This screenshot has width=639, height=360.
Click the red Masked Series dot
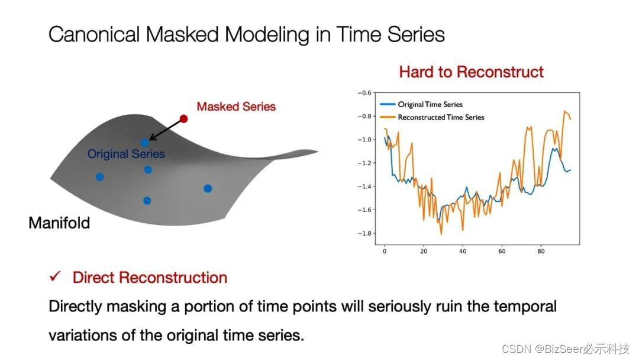coord(183,118)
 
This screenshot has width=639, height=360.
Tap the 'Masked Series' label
coord(236,107)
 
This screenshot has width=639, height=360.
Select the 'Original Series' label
coord(126,154)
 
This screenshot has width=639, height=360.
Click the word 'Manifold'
coord(59,223)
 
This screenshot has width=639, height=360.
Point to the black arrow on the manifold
coord(165,130)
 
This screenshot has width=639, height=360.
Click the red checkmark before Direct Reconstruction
coord(55,277)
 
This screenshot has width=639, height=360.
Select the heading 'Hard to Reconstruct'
coord(471,72)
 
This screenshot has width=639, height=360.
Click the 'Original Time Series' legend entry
coord(430,104)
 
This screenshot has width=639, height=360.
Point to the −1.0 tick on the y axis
coord(364,139)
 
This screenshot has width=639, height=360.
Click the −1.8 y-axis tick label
coord(364,233)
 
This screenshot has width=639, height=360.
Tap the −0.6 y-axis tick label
coord(364,92)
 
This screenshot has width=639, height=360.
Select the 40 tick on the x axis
coord(463,251)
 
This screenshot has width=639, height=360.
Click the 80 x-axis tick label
coord(541,251)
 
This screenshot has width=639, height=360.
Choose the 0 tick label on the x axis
coord(385,251)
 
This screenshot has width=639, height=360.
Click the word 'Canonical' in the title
coord(95,34)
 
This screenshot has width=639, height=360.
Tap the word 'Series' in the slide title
coord(416,34)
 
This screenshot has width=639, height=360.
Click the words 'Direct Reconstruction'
coord(150,278)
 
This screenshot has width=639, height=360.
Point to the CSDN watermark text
coord(566,349)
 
